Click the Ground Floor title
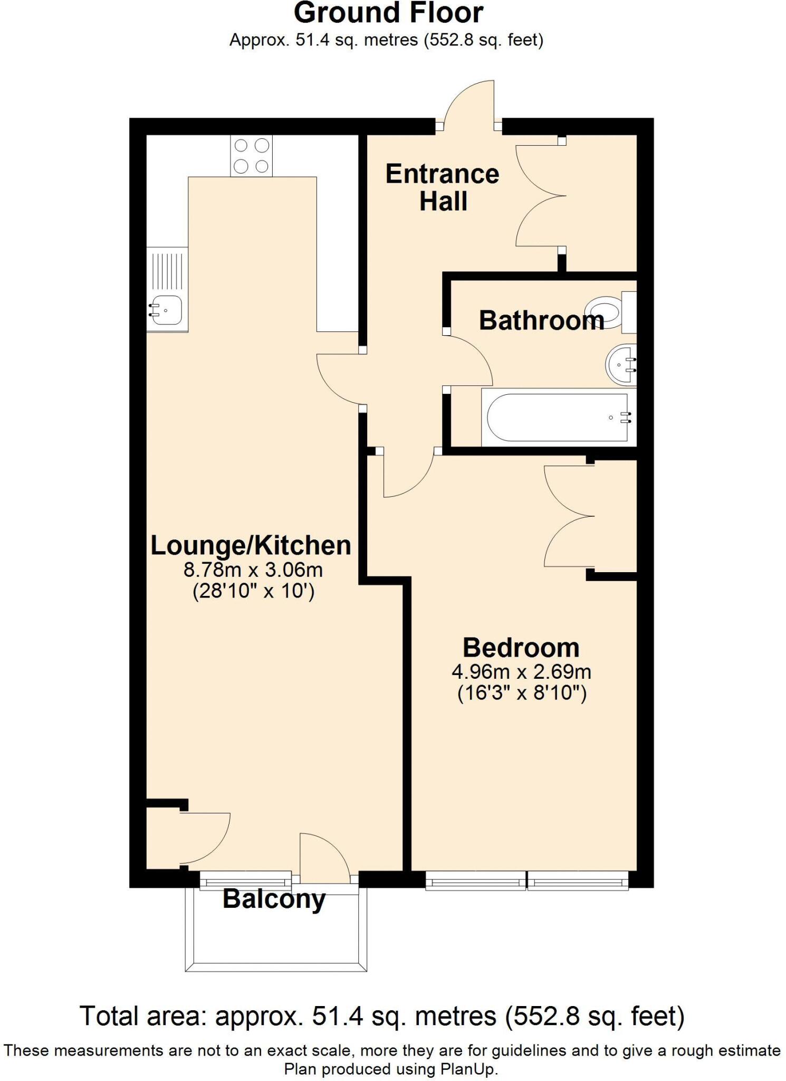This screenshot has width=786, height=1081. [388, 14]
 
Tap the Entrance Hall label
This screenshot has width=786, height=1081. [442, 188]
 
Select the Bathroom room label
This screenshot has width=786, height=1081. [541, 321]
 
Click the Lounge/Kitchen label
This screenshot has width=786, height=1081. [251, 545]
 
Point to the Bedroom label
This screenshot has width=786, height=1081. [521, 647]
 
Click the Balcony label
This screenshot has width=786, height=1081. [274, 898]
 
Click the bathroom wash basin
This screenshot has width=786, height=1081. [621, 365]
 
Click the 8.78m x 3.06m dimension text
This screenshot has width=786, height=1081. [253, 570]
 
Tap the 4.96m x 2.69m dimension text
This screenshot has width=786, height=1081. [521, 672]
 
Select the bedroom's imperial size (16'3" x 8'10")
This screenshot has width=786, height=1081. [521, 693]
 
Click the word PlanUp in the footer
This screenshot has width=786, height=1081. [467, 1069]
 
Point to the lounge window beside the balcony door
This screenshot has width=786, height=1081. [245, 879]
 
